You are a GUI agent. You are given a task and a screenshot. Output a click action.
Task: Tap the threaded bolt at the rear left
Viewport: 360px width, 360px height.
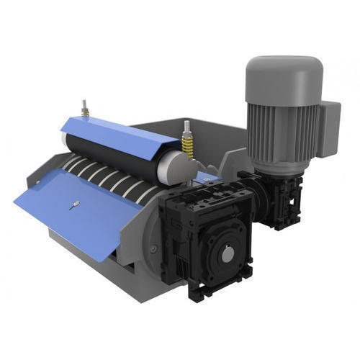coord(84,108)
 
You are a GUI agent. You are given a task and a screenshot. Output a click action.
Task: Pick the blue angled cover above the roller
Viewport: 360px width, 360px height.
coord(119,133)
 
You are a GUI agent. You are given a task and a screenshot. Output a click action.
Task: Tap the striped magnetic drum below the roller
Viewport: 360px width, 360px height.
coord(108,180)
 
